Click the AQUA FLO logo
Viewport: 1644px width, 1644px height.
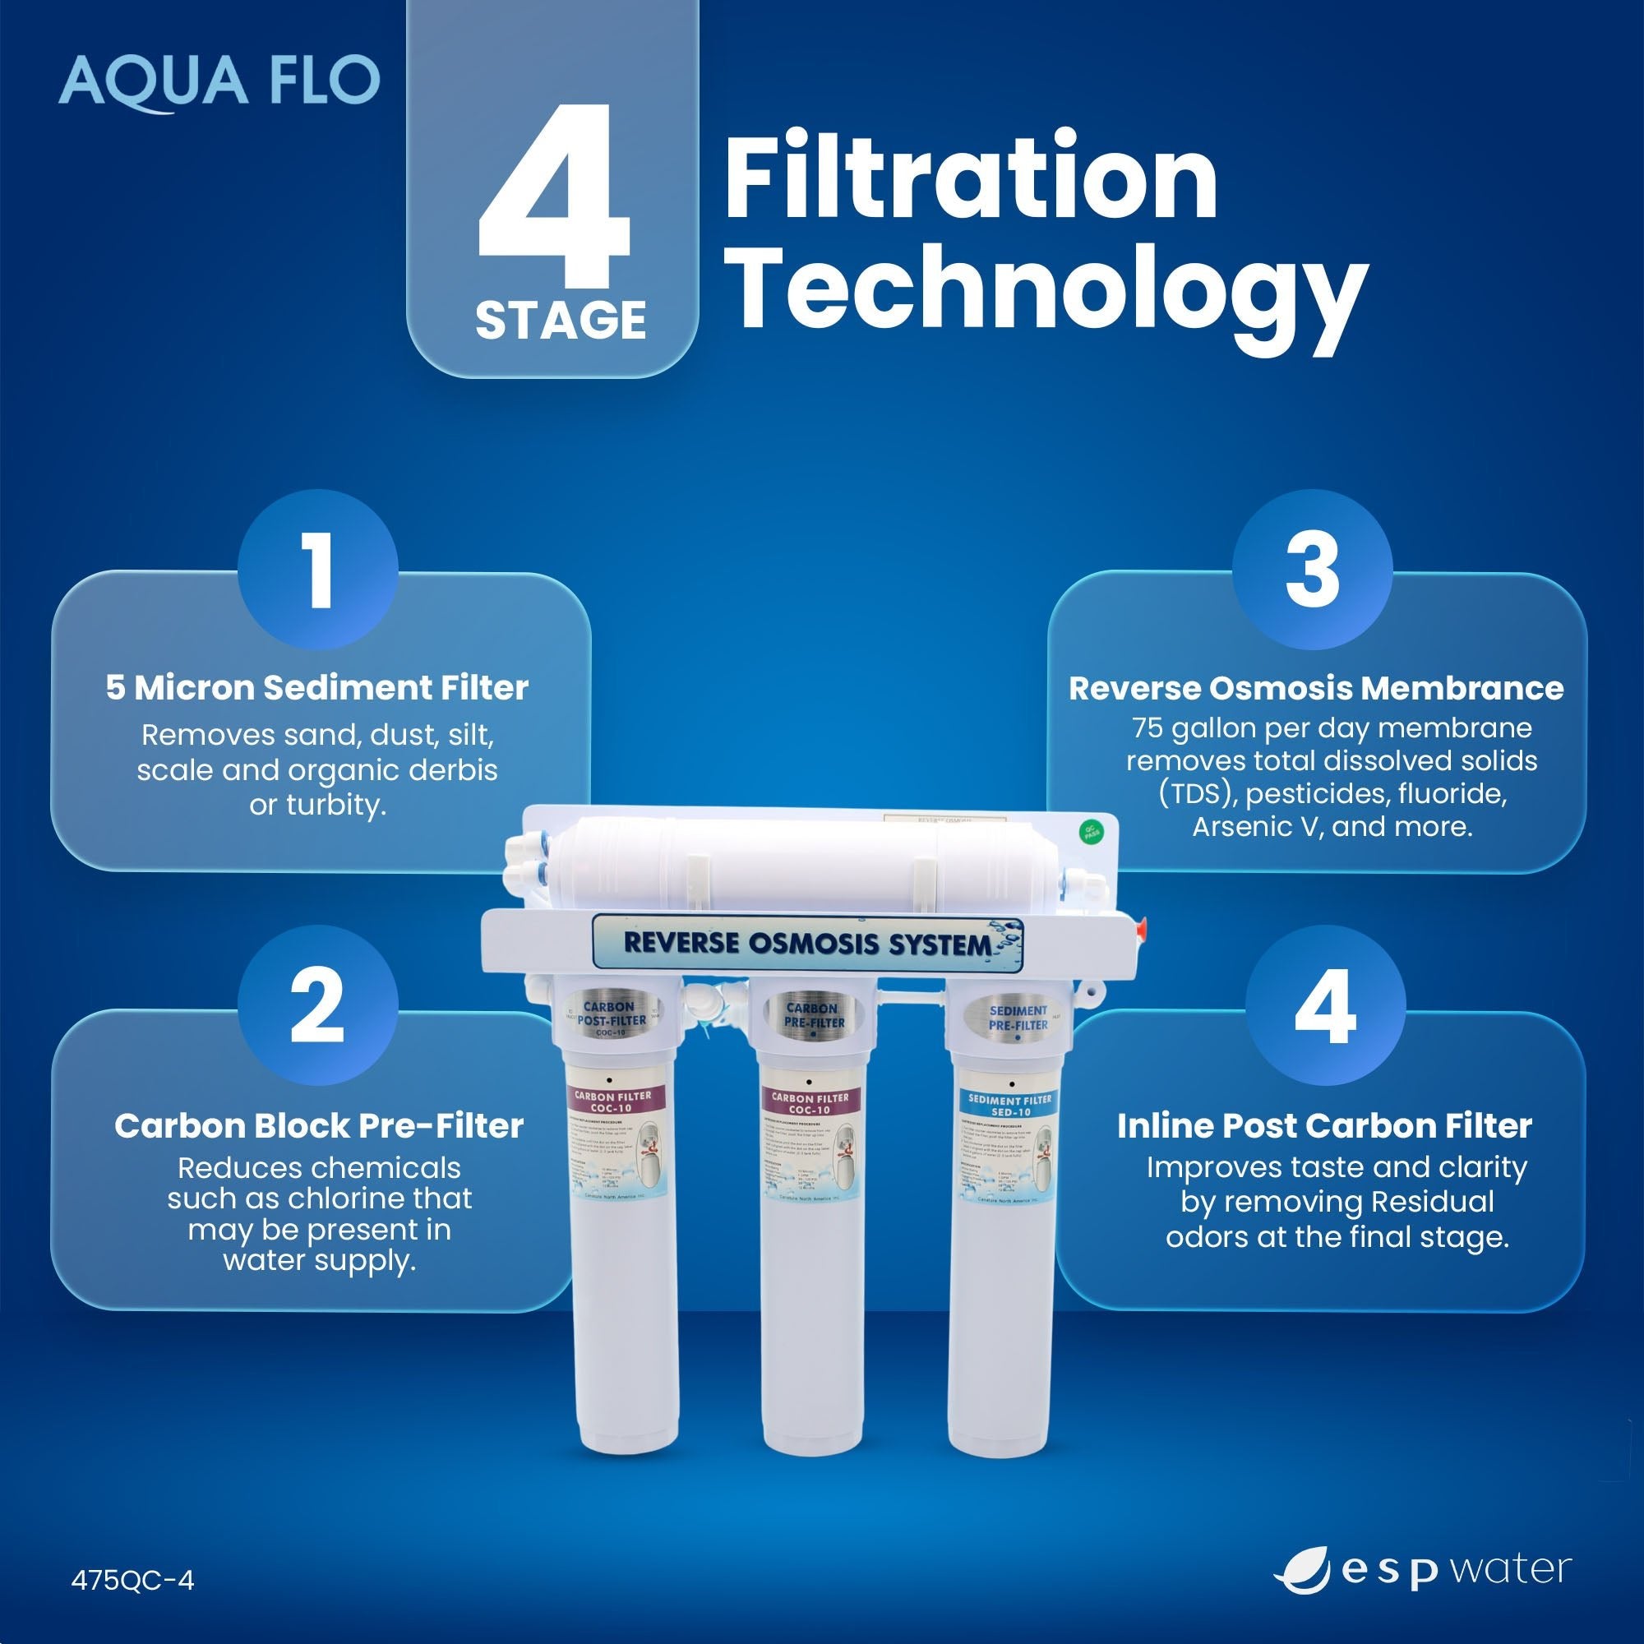[219, 81]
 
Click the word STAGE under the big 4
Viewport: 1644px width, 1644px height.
[561, 321]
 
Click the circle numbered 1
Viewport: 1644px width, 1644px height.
[318, 570]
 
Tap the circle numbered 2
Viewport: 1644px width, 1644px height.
[318, 1005]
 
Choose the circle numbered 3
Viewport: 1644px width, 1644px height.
[1311, 570]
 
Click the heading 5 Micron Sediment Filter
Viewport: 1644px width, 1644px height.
[317, 687]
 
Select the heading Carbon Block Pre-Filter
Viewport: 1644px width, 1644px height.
[319, 1126]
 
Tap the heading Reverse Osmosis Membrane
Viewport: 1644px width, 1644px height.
[1315, 688]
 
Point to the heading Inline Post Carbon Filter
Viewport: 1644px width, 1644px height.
[1324, 1126]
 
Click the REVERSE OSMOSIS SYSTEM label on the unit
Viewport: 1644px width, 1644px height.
[807, 943]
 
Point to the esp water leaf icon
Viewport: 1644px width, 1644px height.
[1303, 1571]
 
